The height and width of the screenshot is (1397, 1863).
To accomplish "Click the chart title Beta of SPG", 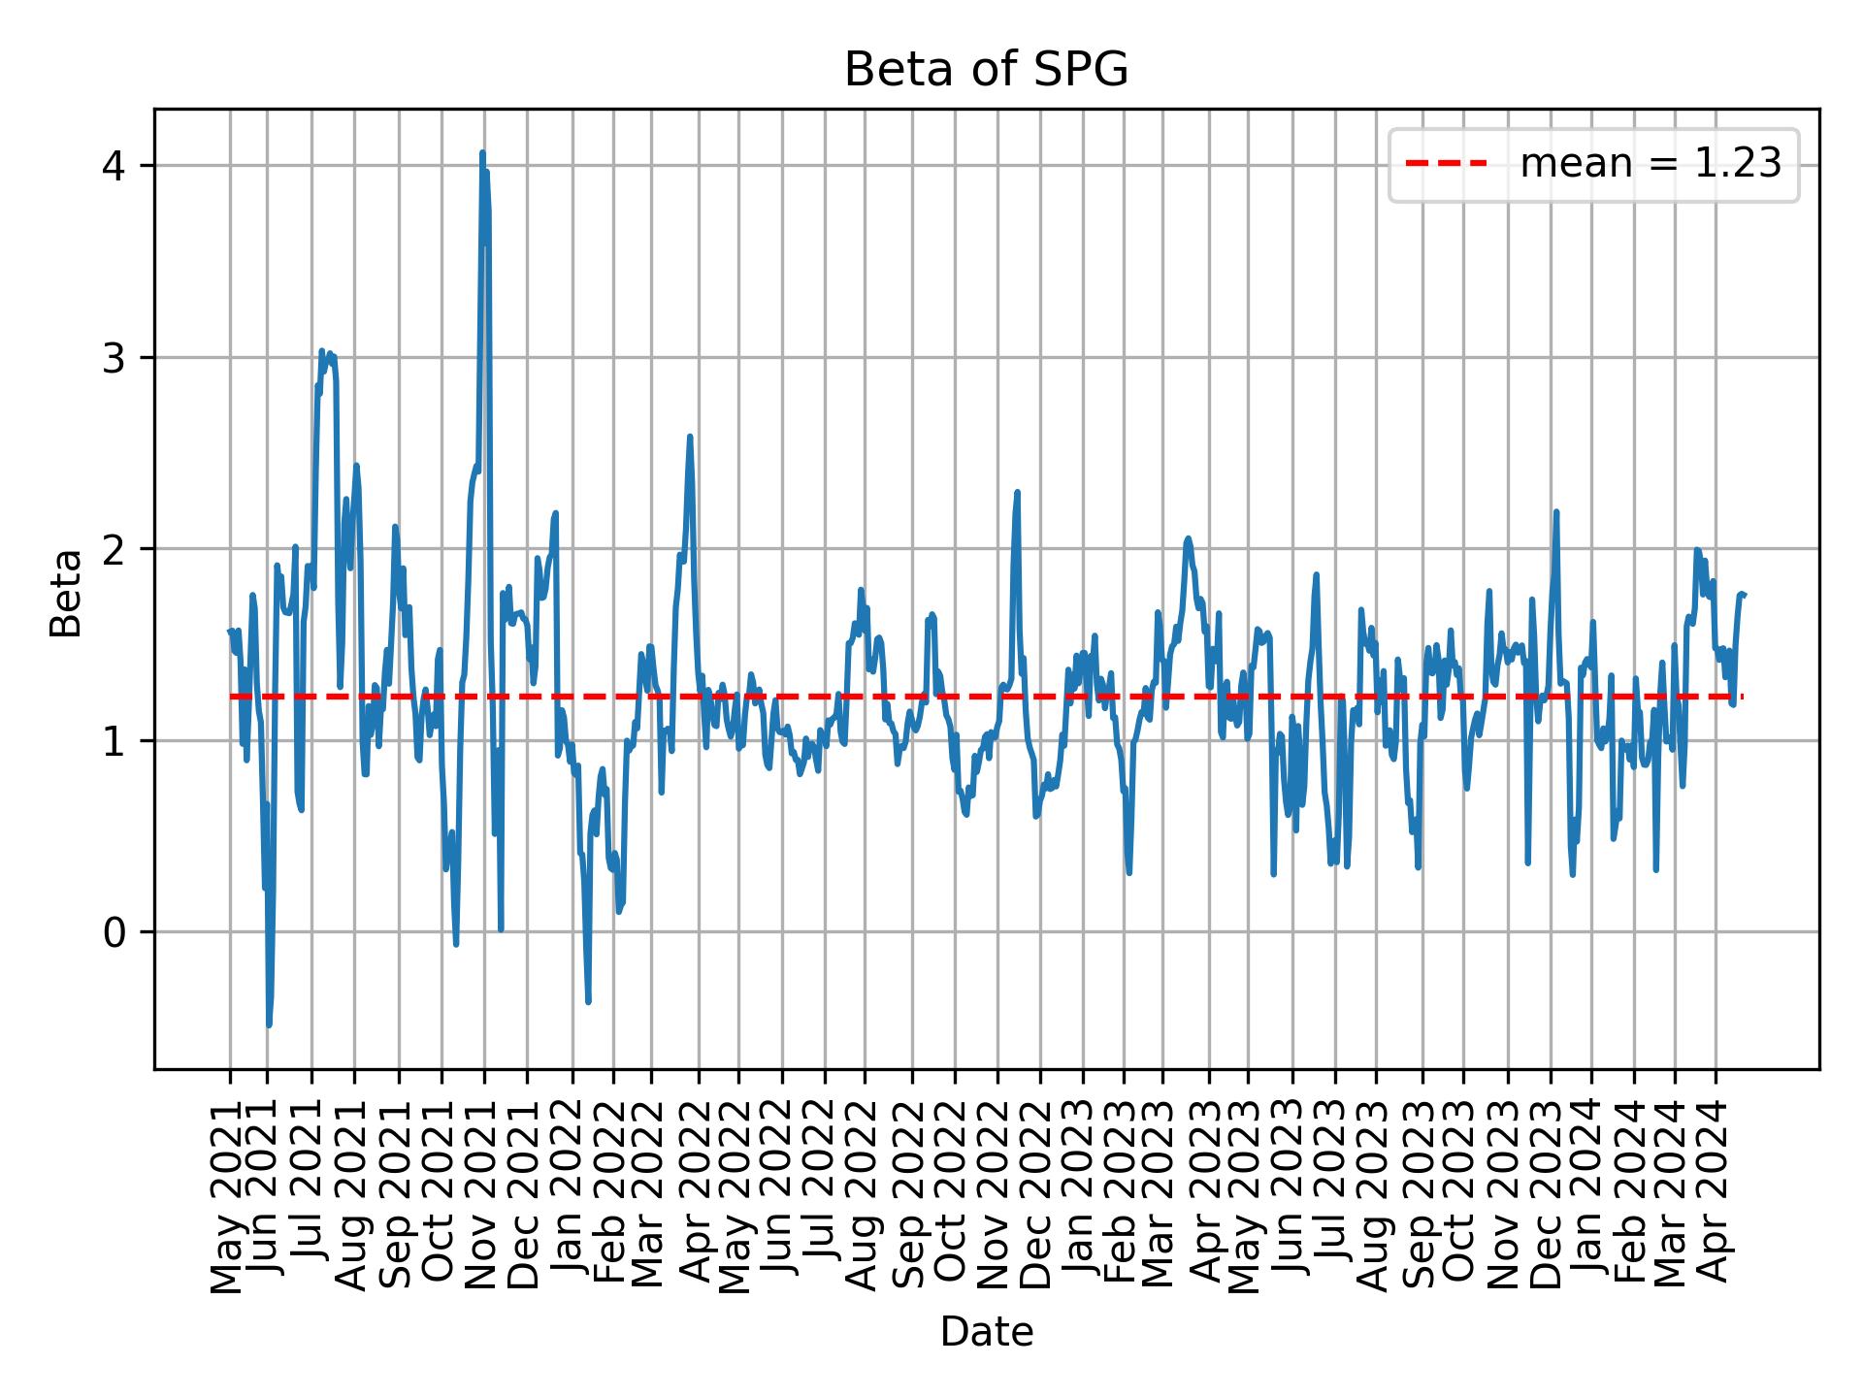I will tap(986, 70).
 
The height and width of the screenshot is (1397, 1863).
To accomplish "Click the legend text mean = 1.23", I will tap(1651, 164).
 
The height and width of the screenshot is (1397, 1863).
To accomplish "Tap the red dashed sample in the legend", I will tap(1446, 164).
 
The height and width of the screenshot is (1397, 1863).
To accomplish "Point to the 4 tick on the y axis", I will tap(114, 166).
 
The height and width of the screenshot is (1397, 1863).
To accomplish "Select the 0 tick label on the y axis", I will tap(114, 932).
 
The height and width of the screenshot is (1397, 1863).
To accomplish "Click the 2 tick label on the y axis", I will tap(114, 549).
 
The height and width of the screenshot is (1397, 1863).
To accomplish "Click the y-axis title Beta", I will tap(66, 593).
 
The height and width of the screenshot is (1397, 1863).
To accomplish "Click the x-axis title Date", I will tap(986, 1333).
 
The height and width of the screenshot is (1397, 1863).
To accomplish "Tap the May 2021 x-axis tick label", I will tap(229, 1186).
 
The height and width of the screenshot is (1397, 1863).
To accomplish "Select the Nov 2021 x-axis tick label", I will tap(483, 1186).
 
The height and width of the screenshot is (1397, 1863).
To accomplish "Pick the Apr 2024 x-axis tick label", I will tap(1716, 1186).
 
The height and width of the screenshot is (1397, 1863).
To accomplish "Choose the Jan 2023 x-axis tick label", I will tap(1082, 1186).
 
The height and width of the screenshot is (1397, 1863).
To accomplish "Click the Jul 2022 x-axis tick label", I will tap(825, 1186).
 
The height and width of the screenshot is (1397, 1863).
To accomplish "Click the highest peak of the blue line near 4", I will tap(482, 153).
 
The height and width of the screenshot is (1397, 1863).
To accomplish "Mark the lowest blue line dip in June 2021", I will tap(269, 1024).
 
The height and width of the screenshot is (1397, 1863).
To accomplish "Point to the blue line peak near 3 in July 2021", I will tap(321, 351).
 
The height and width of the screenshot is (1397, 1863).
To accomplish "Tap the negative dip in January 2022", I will tap(588, 1001).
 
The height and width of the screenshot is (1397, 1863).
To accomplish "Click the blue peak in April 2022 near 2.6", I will tap(690, 437).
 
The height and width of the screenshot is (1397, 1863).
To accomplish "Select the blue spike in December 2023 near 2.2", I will tap(1555, 512).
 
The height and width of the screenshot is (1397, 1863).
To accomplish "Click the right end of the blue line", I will tap(1744, 594).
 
